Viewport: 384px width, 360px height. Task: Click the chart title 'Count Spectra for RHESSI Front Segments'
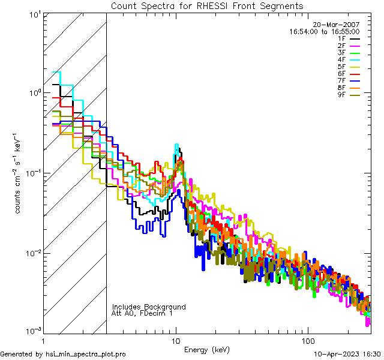(x=207, y=5)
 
